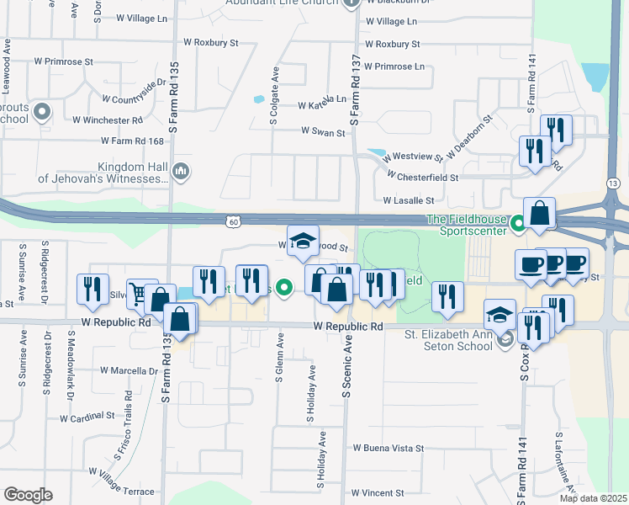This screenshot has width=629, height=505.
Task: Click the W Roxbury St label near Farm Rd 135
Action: click(211, 41)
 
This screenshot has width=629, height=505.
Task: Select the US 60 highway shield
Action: click(232, 221)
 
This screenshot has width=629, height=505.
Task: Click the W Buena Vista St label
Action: click(388, 449)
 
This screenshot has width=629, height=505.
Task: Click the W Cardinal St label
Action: click(87, 417)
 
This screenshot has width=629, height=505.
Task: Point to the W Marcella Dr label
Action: click(127, 370)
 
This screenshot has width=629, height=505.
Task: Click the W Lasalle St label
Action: click(408, 200)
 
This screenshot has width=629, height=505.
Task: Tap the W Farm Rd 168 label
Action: click(131, 141)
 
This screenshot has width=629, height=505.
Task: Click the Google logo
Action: click(28, 495)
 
